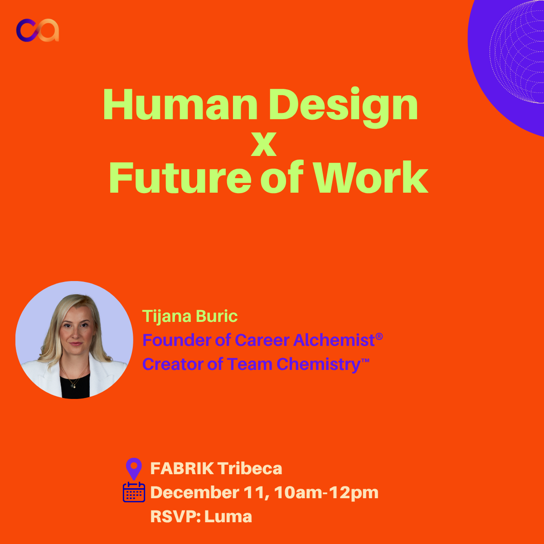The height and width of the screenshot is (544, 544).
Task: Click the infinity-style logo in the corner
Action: pyautogui.click(x=38, y=30)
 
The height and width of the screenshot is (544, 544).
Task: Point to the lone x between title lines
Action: pyautogui.click(x=264, y=145)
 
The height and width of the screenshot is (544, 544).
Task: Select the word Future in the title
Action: pyautogui.click(x=180, y=177)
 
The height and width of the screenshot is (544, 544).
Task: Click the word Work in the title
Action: pyautogui.click(x=372, y=177)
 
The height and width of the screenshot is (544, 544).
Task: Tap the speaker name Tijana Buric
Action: pyautogui.click(x=189, y=316)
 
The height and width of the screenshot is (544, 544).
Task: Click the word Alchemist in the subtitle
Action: pyautogui.click(x=334, y=340)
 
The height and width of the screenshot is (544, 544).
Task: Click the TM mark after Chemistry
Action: pyautogui.click(x=365, y=360)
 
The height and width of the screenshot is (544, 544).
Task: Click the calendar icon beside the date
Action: pyautogui.click(x=134, y=492)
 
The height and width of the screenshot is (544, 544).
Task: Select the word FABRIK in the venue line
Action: pyautogui.click(x=182, y=469)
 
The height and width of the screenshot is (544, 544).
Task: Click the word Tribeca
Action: pyautogui.click(x=249, y=469)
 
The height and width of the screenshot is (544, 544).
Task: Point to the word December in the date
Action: pyautogui.click(x=195, y=493)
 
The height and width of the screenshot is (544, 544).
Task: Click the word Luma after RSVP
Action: pyautogui.click(x=228, y=517)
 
